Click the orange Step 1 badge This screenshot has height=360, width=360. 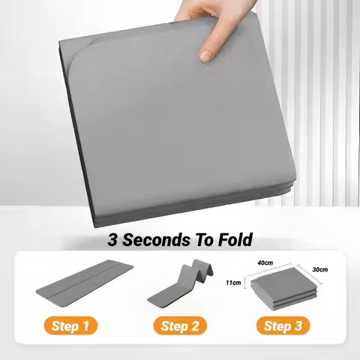[73, 326]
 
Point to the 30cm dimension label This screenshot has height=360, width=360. [318, 269]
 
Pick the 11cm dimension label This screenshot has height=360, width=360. [235, 283]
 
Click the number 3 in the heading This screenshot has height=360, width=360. [113, 240]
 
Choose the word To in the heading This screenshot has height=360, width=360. [202, 240]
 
